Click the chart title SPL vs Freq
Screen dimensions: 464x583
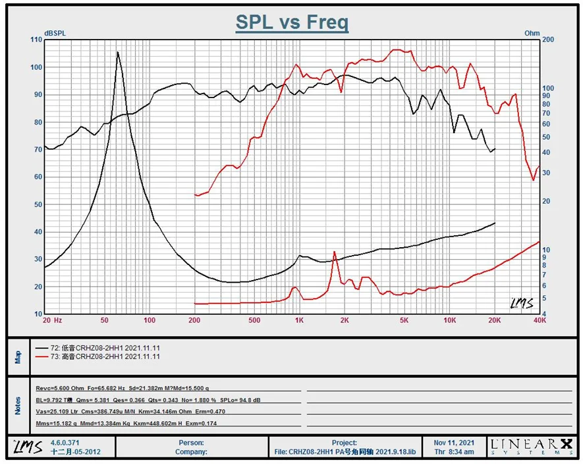pos(292,22)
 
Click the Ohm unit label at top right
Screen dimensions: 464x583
pos(532,33)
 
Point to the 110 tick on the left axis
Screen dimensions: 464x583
pos(36,40)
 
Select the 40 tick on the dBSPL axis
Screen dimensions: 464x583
pos(38,232)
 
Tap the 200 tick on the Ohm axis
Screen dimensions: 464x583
pos(548,40)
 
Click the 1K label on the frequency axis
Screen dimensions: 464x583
pos(298,320)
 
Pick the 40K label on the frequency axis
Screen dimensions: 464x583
pos(540,320)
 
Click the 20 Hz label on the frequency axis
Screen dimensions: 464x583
pos(52,320)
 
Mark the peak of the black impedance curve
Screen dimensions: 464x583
pos(118,52)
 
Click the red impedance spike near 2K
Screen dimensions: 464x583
pos(335,252)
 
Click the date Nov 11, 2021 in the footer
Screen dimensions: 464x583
pos(454,443)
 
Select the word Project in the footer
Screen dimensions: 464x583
pos(345,443)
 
